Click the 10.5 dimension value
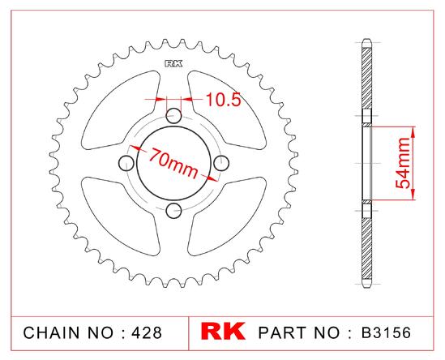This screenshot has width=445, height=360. point(223,99)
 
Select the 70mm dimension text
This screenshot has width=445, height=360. point(173,163)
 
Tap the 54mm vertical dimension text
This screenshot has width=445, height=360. point(403,163)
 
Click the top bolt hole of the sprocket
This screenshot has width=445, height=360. point(173,116)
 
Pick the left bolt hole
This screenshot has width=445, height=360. point(126,163)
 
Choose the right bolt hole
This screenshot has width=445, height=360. point(221,163)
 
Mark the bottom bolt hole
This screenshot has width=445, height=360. point(173,211)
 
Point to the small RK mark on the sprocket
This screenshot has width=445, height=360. point(173,63)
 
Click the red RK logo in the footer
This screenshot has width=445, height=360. point(223,331)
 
